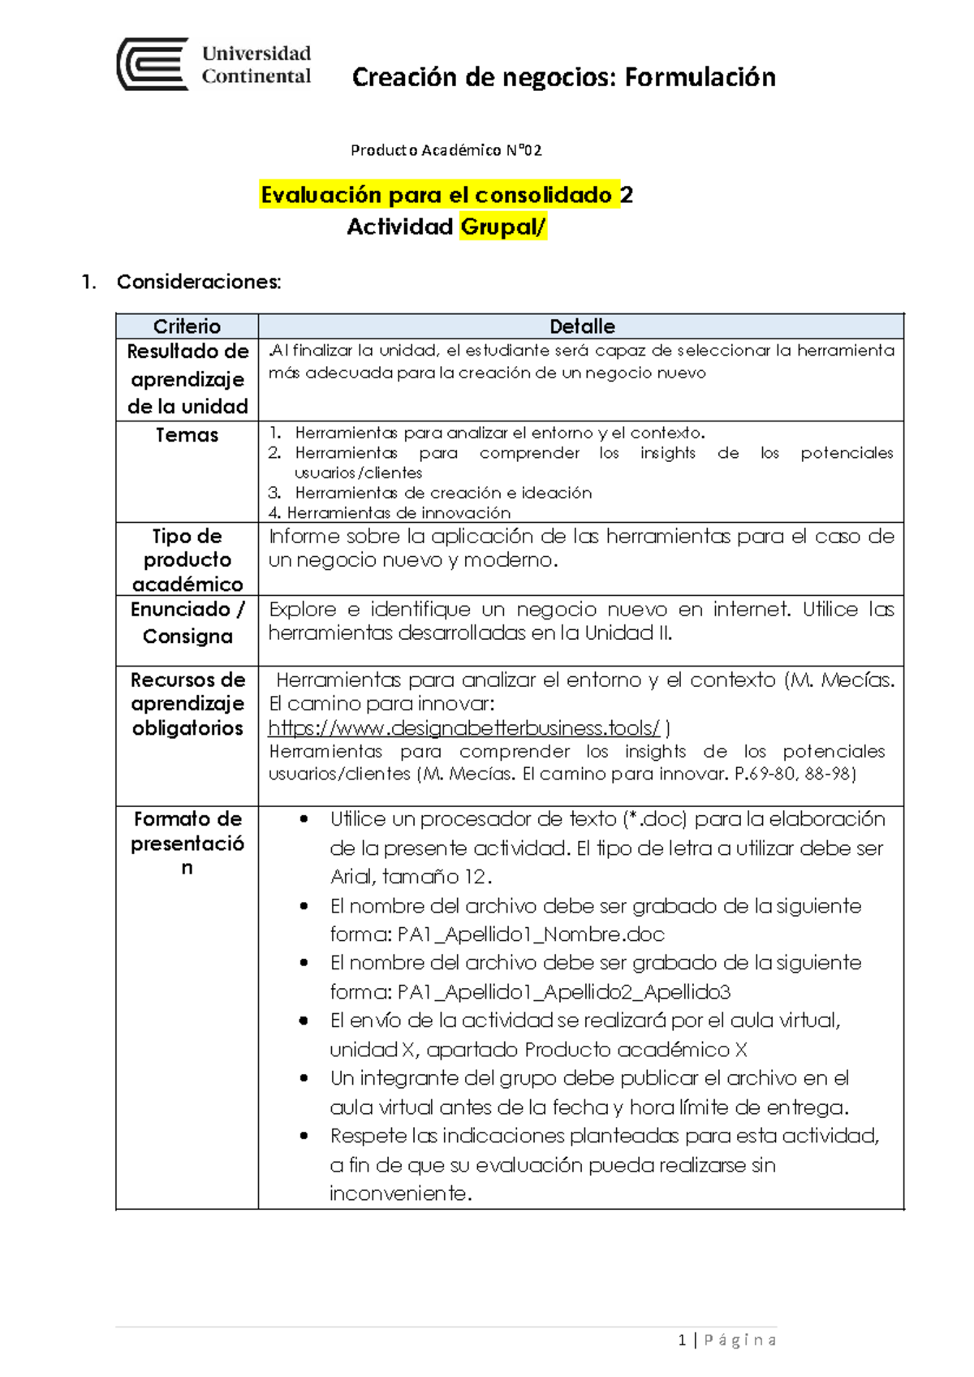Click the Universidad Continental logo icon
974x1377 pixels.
tap(153, 64)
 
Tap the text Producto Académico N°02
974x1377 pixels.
tap(446, 150)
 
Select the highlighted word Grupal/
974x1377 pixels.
tap(503, 227)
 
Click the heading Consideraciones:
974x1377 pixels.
tap(199, 282)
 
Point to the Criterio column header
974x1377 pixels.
tap(187, 326)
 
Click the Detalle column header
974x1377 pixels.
tap(581, 326)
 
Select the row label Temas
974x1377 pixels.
tap(187, 435)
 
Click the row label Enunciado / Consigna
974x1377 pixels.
tap(187, 623)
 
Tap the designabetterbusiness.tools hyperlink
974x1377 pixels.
tap(463, 727)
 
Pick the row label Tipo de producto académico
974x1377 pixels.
tap(187, 560)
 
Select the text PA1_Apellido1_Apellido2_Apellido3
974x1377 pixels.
tap(564, 992)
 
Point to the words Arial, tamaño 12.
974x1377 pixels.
tap(410, 877)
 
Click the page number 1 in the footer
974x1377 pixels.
tap(682, 1340)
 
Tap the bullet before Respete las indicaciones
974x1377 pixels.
tap(304, 1136)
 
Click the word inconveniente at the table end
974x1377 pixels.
tap(399, 1194)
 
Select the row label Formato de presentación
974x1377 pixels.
tap(187, 843)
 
